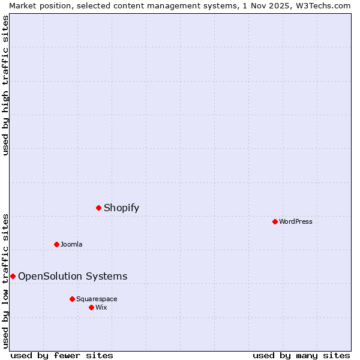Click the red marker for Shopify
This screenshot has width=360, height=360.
point(98,208)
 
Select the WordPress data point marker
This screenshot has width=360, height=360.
point(275,221)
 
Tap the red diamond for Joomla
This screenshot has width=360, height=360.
point(56,244)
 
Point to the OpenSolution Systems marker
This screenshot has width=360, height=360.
point(13,276)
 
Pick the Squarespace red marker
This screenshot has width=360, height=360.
point(72,299)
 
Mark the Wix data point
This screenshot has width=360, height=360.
point(91,307)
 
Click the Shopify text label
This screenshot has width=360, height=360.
point(121,208)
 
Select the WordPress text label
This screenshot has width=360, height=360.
point(296,221)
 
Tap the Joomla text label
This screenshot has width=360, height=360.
point(71,244)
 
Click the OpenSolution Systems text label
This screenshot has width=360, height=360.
point(73,276)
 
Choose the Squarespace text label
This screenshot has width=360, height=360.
point(97,299)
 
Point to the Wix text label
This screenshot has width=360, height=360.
point(101,307)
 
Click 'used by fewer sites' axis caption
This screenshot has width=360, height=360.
point(62,355)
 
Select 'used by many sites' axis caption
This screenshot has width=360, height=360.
point(301,355)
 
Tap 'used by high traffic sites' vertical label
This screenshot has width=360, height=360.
point(5,85)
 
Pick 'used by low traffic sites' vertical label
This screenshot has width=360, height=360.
point(5,280)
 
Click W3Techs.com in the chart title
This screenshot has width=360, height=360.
point(322,5)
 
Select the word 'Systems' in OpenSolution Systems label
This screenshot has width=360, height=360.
point(107,276)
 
